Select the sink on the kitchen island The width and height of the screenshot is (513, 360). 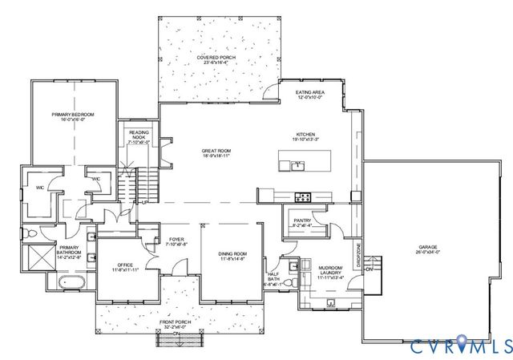coord(297,166)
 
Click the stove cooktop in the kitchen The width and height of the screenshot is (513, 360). coord(303,196)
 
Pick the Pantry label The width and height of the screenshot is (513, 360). coord(302,221)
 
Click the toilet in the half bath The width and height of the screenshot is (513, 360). coord(293,282)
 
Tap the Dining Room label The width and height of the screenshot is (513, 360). coord(232,257)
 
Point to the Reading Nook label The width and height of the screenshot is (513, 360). coord(134,137)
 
